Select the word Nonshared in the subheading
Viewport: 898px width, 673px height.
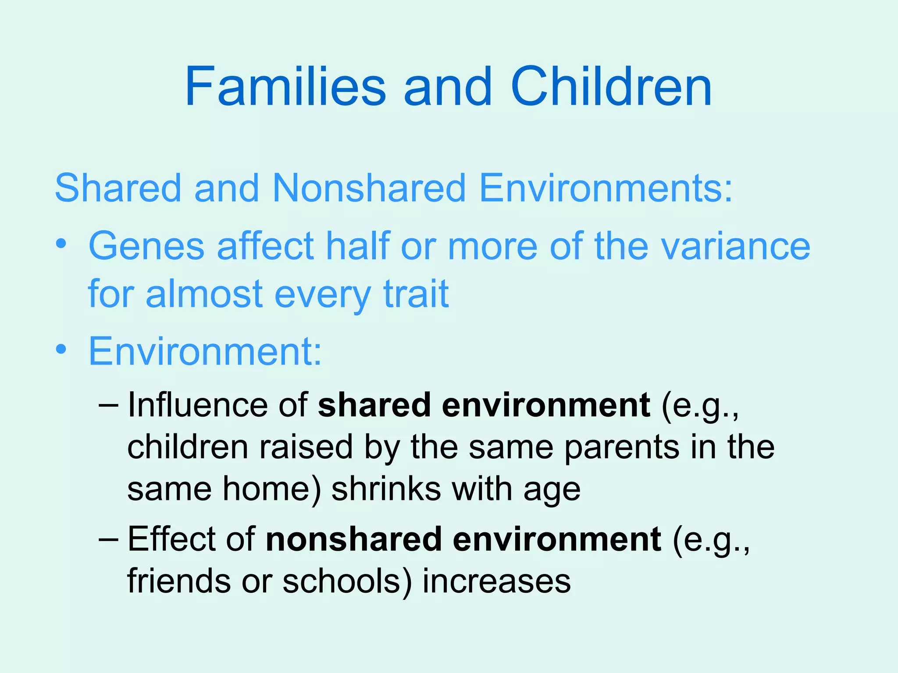coord(368,188)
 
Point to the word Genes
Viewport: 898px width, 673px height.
coord(146,246)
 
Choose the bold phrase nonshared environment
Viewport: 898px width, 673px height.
coord(463,539)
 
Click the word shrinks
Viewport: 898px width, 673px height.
coord(386,489)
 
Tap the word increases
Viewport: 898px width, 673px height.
coord(496,581)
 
